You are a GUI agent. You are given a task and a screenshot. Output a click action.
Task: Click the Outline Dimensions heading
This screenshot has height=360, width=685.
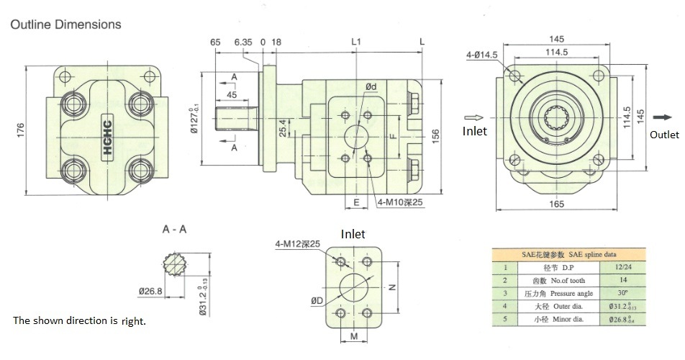[65, 24]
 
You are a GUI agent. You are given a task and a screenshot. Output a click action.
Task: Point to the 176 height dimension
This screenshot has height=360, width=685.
[21, 130]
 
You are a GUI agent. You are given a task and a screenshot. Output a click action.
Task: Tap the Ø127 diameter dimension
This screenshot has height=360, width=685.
[193, 118]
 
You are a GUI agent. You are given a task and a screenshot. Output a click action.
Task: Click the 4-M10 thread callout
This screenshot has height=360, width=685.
[400, 202]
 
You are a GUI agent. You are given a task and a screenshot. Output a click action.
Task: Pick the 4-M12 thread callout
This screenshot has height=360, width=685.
[296, 245]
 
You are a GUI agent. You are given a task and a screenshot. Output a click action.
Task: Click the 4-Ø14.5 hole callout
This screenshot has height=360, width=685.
[481, 55]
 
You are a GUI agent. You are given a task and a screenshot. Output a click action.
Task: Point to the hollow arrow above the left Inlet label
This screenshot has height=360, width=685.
[474, 117]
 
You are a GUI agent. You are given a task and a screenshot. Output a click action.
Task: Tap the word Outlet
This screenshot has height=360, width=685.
[663, 135]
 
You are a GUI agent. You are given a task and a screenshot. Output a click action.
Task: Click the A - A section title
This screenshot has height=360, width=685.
[175, 230]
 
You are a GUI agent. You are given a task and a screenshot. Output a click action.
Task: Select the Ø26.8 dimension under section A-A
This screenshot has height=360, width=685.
[150, 291]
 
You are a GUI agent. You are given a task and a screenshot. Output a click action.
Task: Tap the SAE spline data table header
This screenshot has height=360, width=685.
[568, 253]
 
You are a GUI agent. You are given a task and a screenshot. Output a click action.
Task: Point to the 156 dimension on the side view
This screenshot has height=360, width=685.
[435, 137]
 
